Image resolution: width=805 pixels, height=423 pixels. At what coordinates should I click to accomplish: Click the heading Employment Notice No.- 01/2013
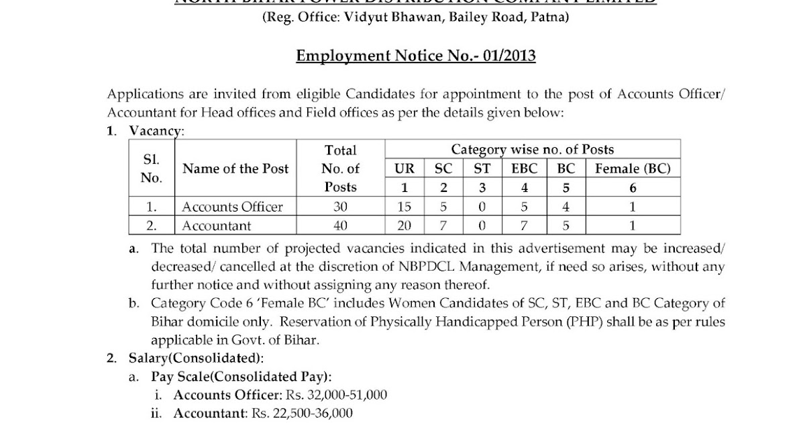tap(416, 55)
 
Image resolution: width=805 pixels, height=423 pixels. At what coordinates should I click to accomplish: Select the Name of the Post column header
tap(235, 169)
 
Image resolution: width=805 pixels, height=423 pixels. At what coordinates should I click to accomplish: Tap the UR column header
tap(405, 169)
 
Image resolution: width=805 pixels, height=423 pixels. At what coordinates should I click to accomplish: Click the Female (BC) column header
tap(633, 169)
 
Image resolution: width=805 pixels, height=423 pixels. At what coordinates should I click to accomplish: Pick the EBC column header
tap(525, 169)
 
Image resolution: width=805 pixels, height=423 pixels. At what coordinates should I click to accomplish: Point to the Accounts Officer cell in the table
tap(233, 207)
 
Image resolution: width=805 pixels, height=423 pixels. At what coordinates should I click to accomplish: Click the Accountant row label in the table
tap(217, 226)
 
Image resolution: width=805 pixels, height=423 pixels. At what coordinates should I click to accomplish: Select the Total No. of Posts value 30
tap(340, 207)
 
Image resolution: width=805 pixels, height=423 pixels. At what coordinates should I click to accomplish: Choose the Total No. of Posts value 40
tap(340, 226)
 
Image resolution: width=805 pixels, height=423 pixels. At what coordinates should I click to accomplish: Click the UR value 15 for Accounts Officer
tap(405, 207)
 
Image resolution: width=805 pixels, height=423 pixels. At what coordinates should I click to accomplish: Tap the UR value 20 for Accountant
tap(405, 226)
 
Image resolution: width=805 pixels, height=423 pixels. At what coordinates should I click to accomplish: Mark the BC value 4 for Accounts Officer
tap(567, 207)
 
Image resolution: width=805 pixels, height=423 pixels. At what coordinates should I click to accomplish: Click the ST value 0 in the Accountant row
tap(482, 226)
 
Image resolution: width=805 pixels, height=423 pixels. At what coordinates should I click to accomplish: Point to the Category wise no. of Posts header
tap(532, 149)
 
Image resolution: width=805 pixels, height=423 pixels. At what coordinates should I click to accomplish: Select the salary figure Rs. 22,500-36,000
tap(301, 413)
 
